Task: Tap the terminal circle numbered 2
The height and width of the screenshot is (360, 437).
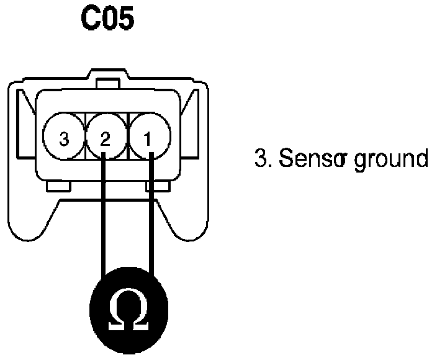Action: [x=105, y=138]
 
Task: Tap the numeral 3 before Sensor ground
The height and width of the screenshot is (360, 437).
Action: [x=259, y=159]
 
